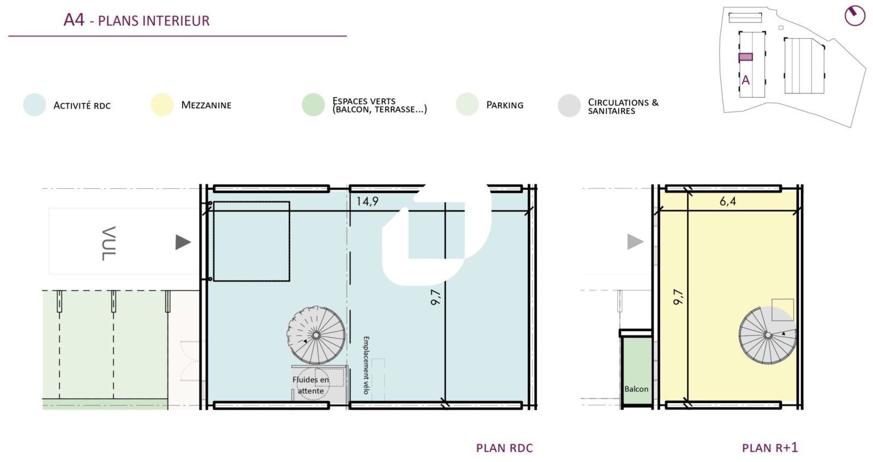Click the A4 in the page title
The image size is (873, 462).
tap(74, 20)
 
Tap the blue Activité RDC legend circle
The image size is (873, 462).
tap(35, 105)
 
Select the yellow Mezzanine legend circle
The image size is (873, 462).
tap(162, 105)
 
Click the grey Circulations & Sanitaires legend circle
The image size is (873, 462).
tap(569, 106)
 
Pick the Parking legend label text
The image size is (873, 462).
tap(505, 105)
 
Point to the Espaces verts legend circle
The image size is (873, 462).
tap(313, 105)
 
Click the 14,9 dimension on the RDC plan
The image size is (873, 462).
tap(367, 201)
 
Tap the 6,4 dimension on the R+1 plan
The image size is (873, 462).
tap(728, 201)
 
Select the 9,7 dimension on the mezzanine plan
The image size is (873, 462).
tap(678, 297)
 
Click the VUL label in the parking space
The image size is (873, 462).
tap(109, 243)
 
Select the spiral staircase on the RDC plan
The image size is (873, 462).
tap(316, 335)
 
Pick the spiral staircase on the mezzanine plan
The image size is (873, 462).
tap(767, 335)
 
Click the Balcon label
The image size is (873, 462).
tap(636, 389)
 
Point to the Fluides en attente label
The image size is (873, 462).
tap(310, 385)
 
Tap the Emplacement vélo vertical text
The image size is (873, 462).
tap(366, 365)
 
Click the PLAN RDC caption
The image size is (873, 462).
tap(504, 448)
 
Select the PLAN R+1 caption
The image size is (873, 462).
tap(770, 448)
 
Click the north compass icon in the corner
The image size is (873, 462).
tap(854, 16)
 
